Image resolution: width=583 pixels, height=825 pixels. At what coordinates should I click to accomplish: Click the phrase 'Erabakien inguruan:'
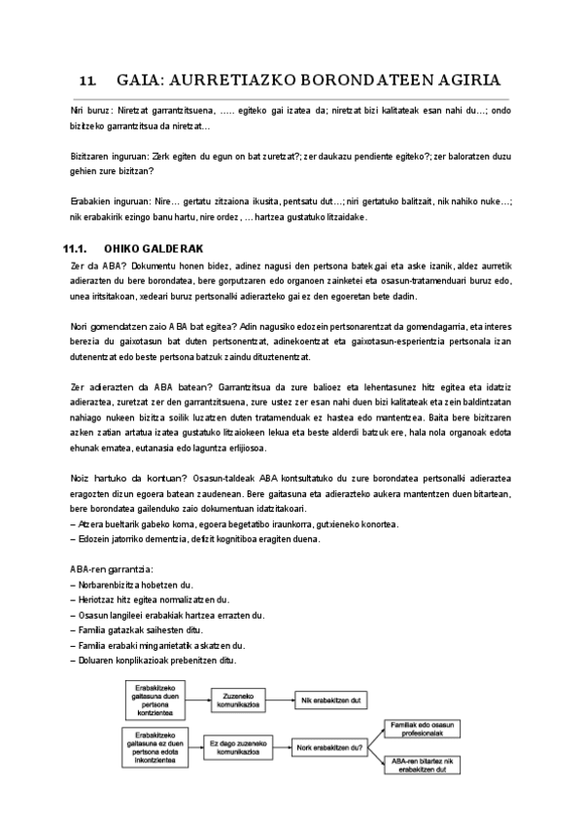[110, 201]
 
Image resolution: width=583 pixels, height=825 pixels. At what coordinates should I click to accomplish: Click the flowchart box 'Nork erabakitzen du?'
[329, 747]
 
